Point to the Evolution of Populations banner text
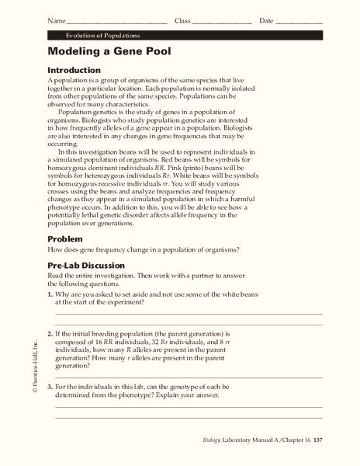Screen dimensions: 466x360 98,36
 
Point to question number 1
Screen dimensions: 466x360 50,296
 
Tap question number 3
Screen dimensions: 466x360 50,386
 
